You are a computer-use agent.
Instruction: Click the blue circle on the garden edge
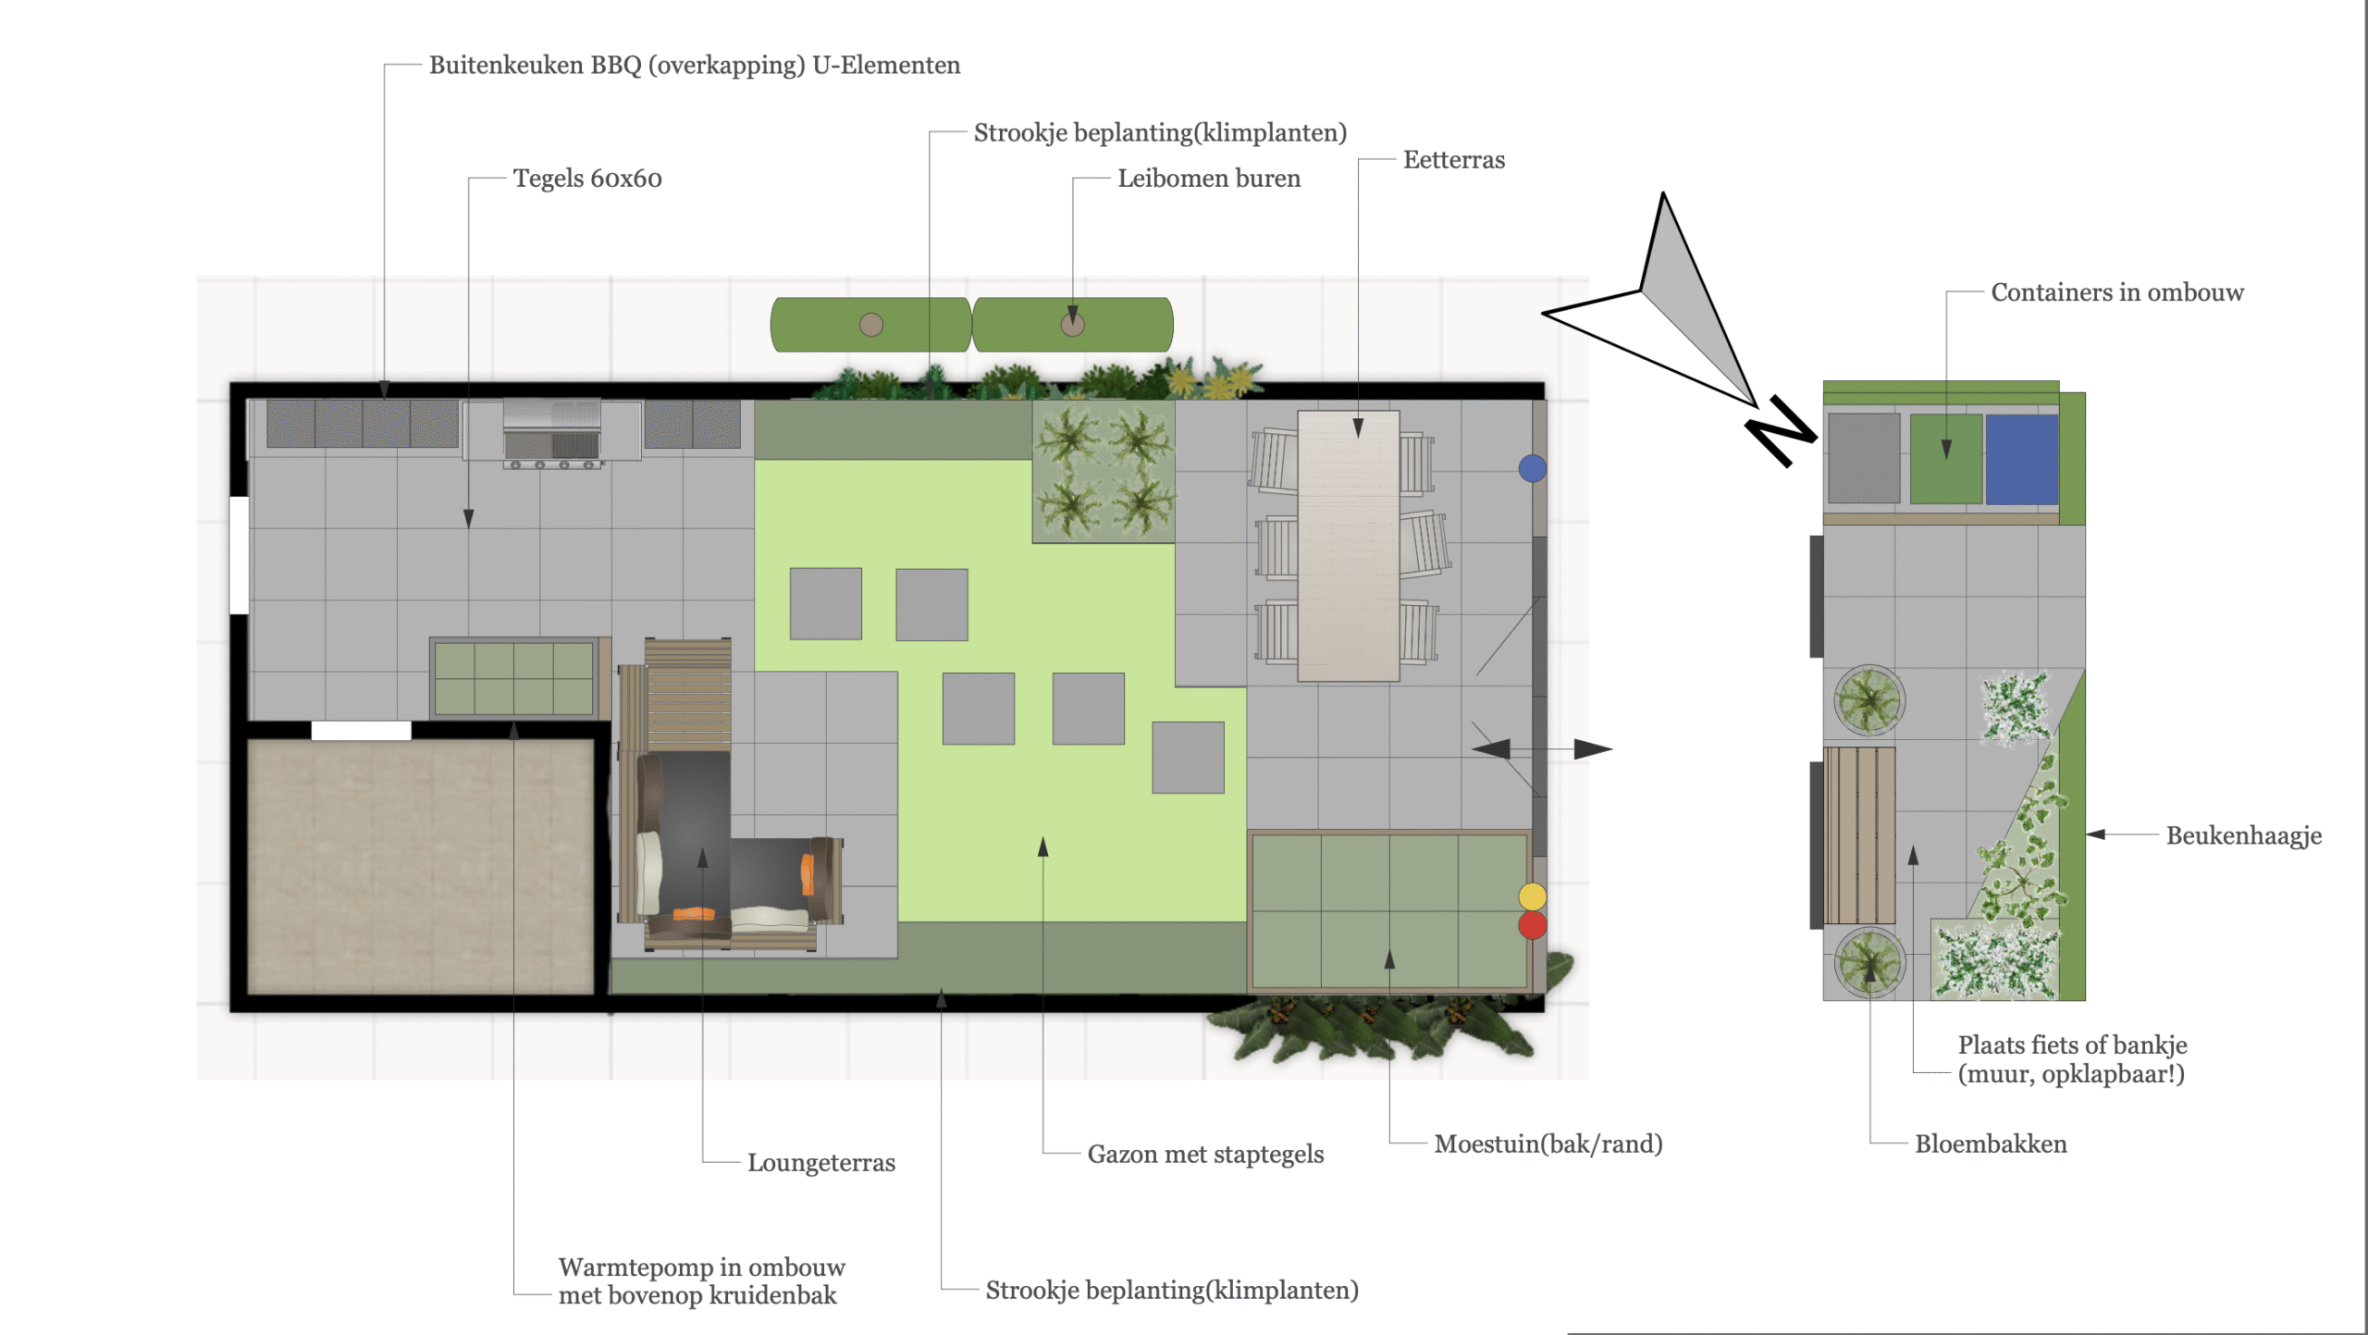[x=1532, y=468]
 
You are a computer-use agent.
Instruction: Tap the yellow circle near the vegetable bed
[x=1532, y=896]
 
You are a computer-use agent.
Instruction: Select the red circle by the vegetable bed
[x=1532, y=924]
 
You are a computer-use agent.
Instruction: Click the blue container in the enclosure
[x=2021, y=459]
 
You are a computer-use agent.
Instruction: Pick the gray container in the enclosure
[x=1864, y=459]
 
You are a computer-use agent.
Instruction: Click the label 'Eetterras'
[x=1453, y=160]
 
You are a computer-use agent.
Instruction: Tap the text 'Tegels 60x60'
[x=587, y=179]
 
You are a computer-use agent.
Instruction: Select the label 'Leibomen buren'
[x=1209, y=179]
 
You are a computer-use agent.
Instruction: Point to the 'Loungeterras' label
[x=821, y=1163]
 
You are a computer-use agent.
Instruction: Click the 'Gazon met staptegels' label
[x=1205, y=1155]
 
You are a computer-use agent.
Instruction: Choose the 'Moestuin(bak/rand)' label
[x=1548, y=1144]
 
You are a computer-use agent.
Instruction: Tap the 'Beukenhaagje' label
[x=2244, y=836]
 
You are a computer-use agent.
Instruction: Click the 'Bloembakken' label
[x=1991, y=1144]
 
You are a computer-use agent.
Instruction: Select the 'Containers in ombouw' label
[x=2117, y=292]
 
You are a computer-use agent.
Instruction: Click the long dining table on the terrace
[x=1348, y=546]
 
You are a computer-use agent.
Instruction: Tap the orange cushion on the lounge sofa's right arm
[x=808, y=874]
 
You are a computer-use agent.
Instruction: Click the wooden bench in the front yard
[x=1859, y=835]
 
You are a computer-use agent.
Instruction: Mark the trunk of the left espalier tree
[x=871, y=325]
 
